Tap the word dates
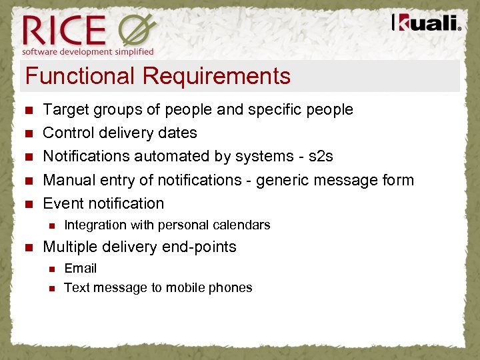coord(177,133)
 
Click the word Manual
coord(69,180)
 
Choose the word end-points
coord(197,247)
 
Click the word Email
coord(80,269)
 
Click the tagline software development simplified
coord(87,51)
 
